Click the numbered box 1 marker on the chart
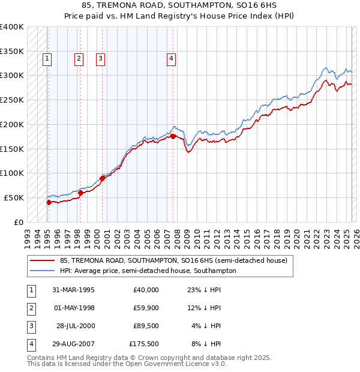point(47,58)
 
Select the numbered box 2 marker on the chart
point(79,58)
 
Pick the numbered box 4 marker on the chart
point(171,58)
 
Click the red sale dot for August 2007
point(173,136)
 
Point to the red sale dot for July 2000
point(102,178)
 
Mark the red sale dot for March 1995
point(49,202)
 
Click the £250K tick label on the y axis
point(12,100)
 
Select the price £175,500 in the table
point(144,344)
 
